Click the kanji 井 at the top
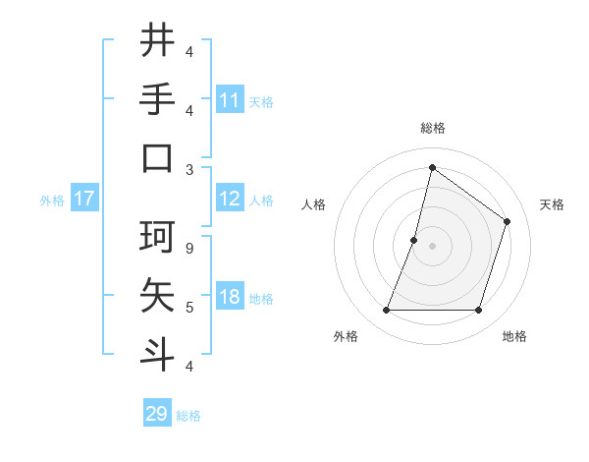click(x=157, y=41)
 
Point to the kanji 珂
click(x=157, y=237)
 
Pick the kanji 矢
click(x=157, y=295)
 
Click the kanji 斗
click(x=157, y=353)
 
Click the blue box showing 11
click(x=230, y=100)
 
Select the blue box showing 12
click(x=230, y=199)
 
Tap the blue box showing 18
click(x=230, y=298)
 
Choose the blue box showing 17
click(x=84, y=199)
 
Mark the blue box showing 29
click(x=157, y=414)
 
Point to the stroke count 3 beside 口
click(x=189, y=169)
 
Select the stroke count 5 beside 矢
click(x=189, y=308)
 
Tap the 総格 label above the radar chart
click(x=432, y=128)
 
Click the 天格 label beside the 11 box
click(x=261, y=101)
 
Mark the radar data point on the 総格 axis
click(x=432, y=168)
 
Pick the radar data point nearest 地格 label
click(x=478, y=311)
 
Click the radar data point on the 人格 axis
click(x=414, y=240)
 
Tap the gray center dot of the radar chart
click(x=432, y=246)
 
